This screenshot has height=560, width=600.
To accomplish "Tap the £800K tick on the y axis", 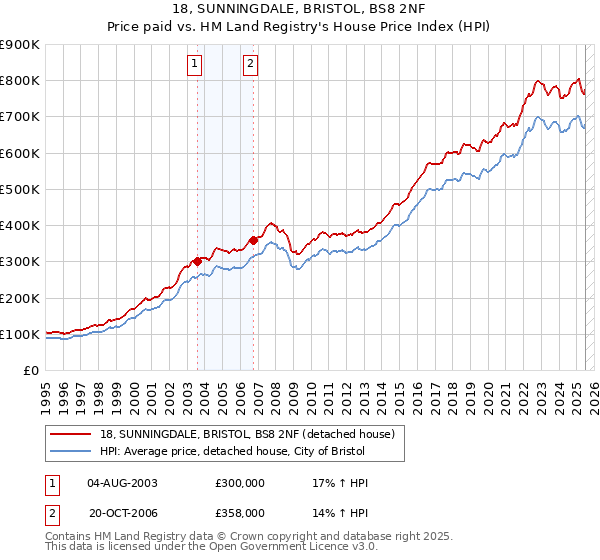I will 19,81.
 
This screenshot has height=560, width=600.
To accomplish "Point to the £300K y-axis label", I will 19,262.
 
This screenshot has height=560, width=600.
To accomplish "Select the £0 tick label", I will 30,371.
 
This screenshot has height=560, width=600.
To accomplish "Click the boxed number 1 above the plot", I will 194,66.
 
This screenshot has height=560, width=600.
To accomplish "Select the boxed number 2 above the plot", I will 250,66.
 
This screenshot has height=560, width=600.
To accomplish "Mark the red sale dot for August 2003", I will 197,261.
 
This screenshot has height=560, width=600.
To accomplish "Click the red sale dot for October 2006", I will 254,240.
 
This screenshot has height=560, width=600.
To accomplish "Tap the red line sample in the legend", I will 71,434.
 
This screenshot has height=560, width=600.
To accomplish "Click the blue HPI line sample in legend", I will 71,452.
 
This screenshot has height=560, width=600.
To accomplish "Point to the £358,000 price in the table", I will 239,512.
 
